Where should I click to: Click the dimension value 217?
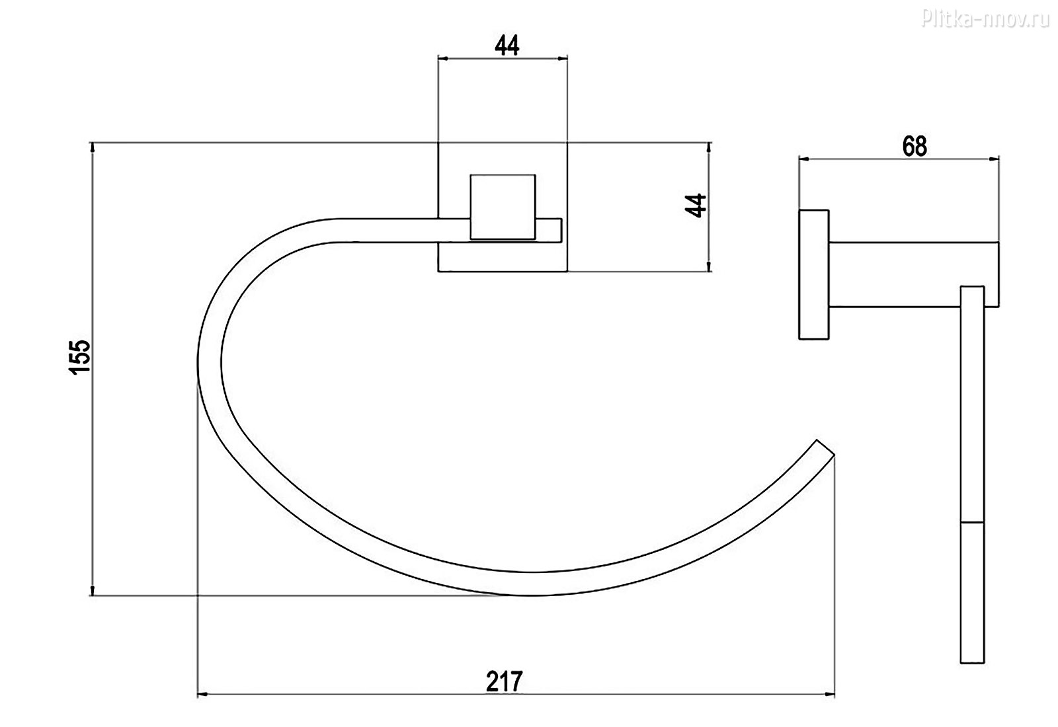point(505,681)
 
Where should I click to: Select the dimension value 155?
point(79,357)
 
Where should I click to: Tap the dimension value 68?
point(915,147)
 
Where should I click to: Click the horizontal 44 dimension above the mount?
point(507,46)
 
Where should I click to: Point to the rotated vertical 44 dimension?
point(696,206)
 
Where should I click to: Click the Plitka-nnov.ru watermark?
point(985,19)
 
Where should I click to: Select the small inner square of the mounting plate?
point(503,208)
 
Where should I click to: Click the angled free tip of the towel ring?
point(825,447)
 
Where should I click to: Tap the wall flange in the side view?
point(814,275)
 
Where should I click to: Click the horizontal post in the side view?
point(914,275)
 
